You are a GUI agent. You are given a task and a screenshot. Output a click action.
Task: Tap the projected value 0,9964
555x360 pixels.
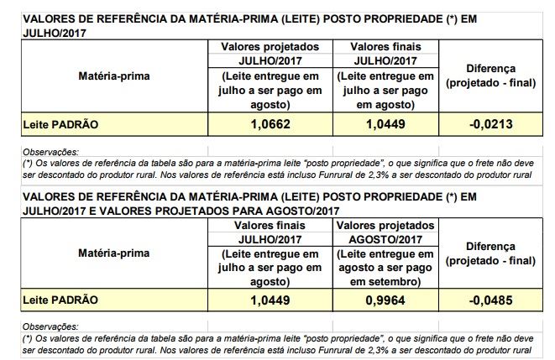coord(386,300)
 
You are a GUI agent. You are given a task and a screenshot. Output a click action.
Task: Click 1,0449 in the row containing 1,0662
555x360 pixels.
coord(386,124)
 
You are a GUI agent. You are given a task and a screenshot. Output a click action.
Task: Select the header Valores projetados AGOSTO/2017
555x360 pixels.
coord(386,232)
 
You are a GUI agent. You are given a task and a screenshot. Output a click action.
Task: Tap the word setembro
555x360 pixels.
coord(393,281)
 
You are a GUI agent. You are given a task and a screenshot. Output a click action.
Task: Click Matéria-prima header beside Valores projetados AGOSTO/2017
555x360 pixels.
coord(113,253)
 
